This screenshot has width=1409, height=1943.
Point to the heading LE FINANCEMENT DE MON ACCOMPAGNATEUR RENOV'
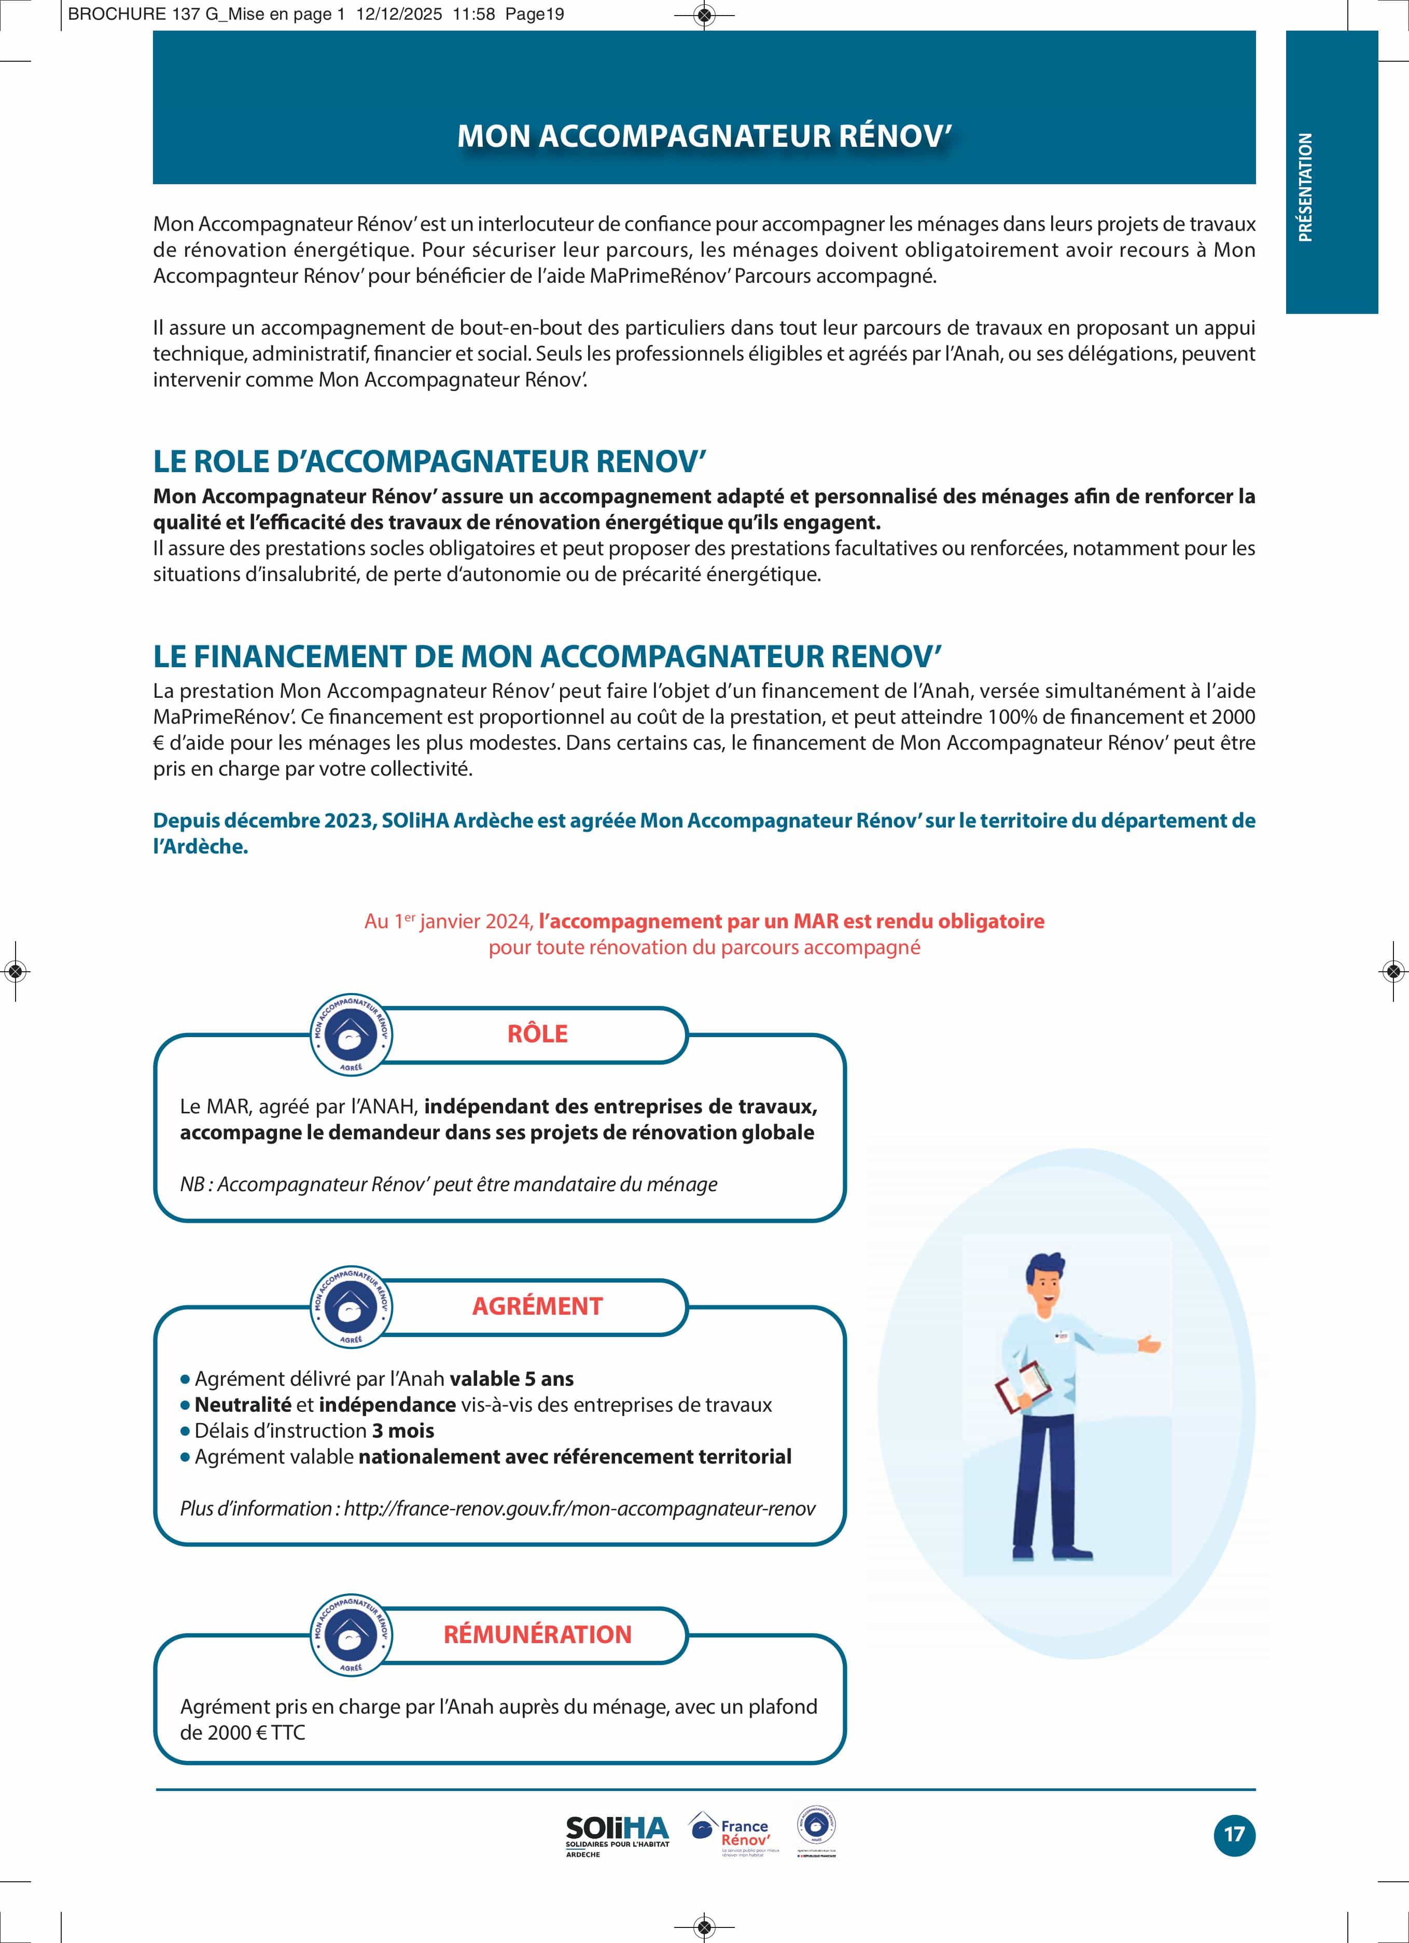(547, 656)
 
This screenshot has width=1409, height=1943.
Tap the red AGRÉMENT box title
(537, 1305)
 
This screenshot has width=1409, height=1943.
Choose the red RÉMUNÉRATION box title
(537, 1634)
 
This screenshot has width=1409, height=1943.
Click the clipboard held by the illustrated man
(1024, 1387)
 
